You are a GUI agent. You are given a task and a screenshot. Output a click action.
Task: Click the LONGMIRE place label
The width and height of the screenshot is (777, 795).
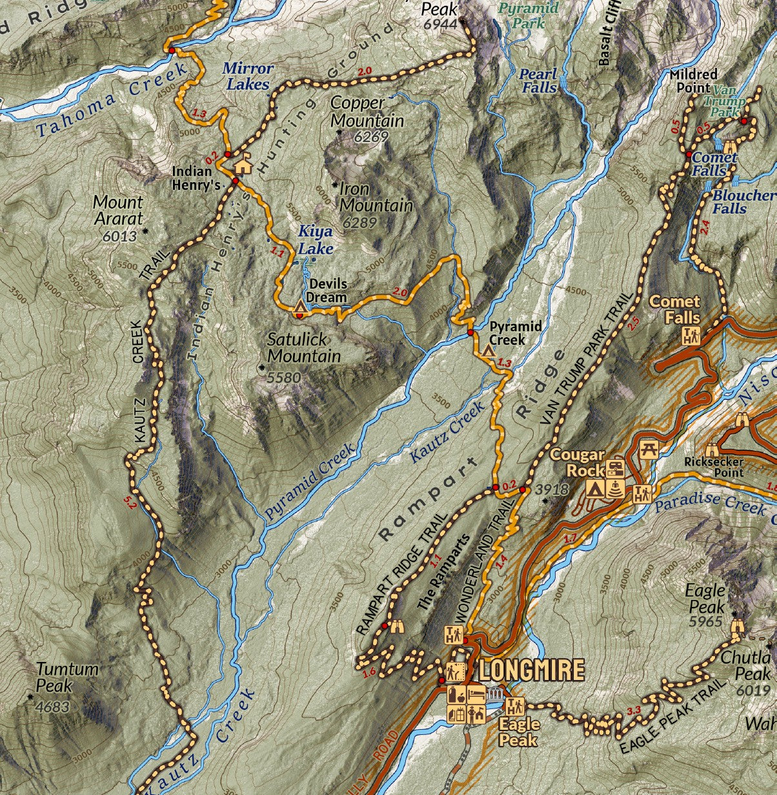click(531, 670)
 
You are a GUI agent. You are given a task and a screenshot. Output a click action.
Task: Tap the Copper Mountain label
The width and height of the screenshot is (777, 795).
click(367, 112)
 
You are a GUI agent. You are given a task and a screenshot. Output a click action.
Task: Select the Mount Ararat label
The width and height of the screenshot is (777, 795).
click(118, 211)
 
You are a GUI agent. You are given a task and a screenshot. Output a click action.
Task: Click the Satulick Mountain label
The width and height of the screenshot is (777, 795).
click(304, 347)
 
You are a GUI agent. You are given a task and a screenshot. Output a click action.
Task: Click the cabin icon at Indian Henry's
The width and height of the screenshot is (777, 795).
click(243, 165)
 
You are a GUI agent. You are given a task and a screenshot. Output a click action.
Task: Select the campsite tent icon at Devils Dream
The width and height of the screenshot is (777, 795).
click(299, 306)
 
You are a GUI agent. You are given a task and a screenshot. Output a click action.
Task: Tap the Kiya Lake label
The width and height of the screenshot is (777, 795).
click(316, 240)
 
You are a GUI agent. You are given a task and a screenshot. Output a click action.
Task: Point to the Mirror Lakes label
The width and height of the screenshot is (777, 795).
click(248, 76)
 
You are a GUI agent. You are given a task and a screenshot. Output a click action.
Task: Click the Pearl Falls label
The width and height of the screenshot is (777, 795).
click(538, 80)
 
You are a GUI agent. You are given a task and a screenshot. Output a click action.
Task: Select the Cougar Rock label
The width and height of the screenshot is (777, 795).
click(577, 462)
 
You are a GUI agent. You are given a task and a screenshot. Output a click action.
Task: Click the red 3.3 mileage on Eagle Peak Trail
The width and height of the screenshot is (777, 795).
click(634, 712)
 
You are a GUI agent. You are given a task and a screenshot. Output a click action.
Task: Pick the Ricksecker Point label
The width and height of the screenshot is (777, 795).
click(714, 467)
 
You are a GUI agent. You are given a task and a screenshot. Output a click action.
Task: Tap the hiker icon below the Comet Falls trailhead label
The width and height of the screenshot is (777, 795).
click(691, 336)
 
